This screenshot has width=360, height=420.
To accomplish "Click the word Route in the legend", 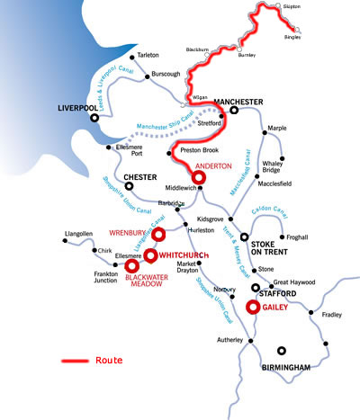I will coord(108,360).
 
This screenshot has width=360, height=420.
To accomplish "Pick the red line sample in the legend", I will coord(74,361).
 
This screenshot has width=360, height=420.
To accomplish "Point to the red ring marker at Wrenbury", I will coord(157,235).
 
